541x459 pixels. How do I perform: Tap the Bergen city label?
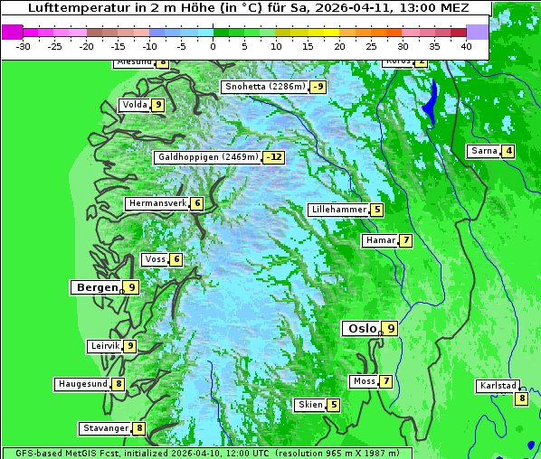pos(96,287)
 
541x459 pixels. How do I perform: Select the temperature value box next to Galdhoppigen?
pos(273,157)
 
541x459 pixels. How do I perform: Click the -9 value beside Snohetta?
pos(318,87)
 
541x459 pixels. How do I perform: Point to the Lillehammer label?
pos(338,210)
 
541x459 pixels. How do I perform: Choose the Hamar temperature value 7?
pos(406,240)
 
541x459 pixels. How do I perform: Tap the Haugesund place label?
pos(82,384)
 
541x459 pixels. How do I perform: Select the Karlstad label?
pos(497,386)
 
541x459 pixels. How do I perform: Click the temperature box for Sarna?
pos(508,151)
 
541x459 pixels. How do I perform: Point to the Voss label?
pos(155,260)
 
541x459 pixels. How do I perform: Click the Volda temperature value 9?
pos(158,105)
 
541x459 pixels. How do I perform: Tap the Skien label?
pos(310,405)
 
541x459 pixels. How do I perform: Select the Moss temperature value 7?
pos(386,381)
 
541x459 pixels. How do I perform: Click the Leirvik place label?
pos(105,346)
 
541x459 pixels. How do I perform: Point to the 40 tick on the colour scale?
pos(466,46)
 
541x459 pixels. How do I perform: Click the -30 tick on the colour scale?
pos(24,46)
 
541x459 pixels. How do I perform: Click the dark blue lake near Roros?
pos(432,101)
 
